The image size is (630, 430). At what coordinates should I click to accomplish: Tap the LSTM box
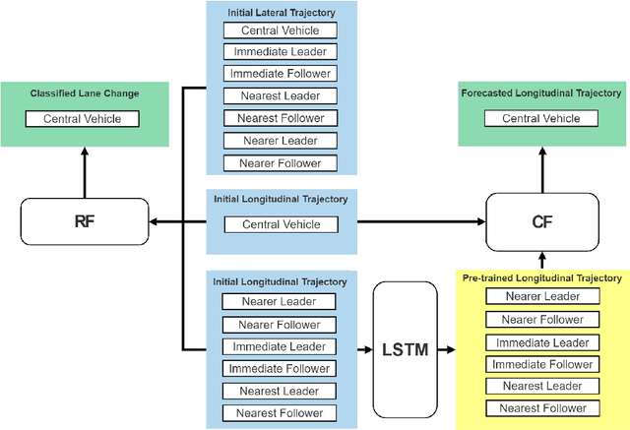tap(404, 349)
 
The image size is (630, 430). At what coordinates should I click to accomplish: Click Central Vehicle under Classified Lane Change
tap(84, 119)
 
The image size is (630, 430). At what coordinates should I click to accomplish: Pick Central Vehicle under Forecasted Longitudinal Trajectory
tap(542, 119)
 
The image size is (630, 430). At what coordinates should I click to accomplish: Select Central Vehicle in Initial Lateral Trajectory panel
tap(280, 31)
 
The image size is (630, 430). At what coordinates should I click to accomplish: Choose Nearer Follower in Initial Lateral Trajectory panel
tap(280, 163)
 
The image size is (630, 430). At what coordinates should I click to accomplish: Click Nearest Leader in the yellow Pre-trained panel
tap(542, 386)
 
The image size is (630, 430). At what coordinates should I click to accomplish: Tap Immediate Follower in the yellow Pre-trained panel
tap(542, 364)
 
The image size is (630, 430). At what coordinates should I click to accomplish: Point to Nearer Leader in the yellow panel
tap(542, 297)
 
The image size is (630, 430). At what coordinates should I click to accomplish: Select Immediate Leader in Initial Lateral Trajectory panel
tap(280, 52)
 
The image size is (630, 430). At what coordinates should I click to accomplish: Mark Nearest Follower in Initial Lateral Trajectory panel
tap(280, 119)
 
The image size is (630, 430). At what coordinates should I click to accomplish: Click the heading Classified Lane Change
tap(84, 93)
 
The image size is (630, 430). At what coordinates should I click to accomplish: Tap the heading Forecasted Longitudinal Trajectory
tap(542, 93)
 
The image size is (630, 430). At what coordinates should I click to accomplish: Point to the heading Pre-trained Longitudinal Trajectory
tap(542, 278)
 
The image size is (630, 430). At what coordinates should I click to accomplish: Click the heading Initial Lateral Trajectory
tap(280, 11)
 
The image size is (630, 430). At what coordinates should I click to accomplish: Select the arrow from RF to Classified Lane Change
tap(84, 172)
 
